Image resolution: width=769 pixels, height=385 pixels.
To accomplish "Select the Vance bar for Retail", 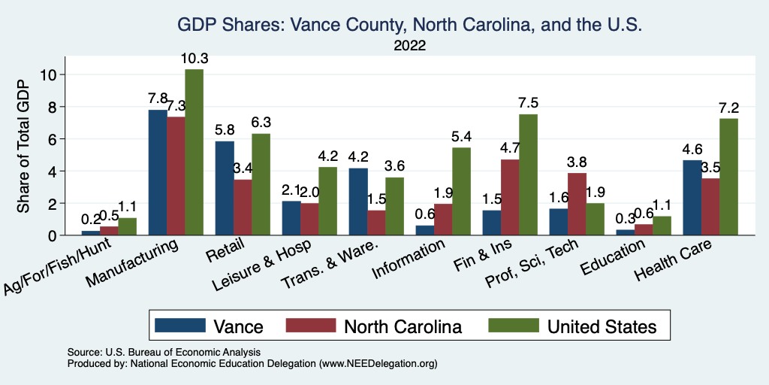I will (x=225, y=188).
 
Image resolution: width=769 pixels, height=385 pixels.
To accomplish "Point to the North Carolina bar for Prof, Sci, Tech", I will (x=577, y=204).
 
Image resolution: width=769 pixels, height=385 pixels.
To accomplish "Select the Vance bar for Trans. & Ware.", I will (x=358, y=202).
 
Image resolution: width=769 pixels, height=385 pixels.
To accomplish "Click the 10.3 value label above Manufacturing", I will (x=194, y=59).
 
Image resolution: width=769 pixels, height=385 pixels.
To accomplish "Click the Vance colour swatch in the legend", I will (x=180, y=326).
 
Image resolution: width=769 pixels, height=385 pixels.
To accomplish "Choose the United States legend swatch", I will (x=514, y=326).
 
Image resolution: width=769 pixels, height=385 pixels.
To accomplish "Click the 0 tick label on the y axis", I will (x=53, y=235).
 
